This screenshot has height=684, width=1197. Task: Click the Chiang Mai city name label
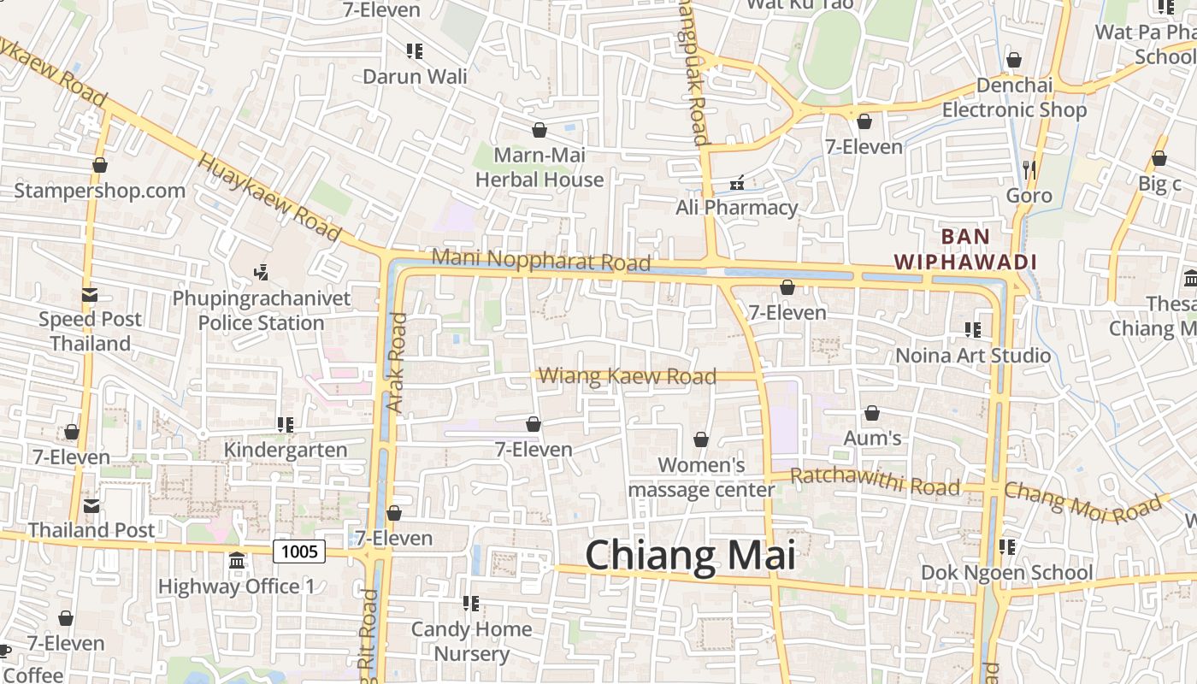point(690,556)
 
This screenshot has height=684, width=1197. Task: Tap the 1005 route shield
point(299,551)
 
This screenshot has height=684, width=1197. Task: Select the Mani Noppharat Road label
point(540,260)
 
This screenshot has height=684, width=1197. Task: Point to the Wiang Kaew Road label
point(628,376)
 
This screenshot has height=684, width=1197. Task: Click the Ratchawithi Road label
point(875,481)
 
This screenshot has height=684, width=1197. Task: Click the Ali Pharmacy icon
point(737,183)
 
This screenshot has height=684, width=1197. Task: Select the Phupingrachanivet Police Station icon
point(262,273)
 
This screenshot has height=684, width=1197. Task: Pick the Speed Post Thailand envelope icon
point(90,295)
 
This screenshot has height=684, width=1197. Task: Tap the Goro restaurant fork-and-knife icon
point(1029,170)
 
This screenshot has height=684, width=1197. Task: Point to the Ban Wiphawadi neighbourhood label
point(965,249)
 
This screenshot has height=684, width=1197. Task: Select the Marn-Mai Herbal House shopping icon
point(540,130)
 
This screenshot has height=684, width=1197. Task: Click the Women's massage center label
point(701,477)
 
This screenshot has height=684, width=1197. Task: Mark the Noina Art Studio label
point(973,355)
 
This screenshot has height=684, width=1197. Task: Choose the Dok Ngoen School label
point(1006,572)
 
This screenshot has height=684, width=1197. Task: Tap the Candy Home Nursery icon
point(471,604)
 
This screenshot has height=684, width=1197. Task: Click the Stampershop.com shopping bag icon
point(100,165)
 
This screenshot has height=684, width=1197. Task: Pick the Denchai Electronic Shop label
point(1014,97)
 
